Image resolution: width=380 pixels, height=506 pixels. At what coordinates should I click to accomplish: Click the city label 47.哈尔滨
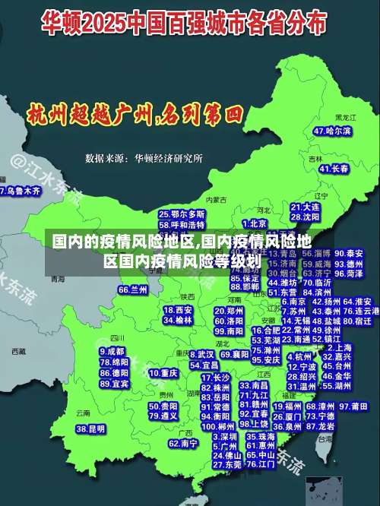click(333, 131)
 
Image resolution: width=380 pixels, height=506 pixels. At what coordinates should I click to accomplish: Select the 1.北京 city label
click(255, 223)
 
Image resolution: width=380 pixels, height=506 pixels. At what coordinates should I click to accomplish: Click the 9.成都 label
click(112, 352)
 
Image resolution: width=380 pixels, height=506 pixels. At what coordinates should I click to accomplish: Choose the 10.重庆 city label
click(163, 373)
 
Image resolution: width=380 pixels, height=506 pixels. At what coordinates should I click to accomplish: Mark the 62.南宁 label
click(183, 443)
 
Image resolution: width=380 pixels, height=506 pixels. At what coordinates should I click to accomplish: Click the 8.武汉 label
click(201, 354)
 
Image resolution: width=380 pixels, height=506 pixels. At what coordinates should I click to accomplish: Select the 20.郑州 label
click(229, 312)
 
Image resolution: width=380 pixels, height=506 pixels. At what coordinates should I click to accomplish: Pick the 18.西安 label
click(178, 310)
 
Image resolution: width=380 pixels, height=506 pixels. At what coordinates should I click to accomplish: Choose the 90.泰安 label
click(349, 253)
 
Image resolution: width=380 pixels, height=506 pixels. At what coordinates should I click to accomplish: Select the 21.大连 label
click(305, 206)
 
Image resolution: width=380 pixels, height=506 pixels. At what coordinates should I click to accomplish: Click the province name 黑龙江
click(345, 118)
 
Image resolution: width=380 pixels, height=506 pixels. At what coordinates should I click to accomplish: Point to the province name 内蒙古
click(217, 199)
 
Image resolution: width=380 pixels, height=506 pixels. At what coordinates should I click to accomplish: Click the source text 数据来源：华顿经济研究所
click(144, 158)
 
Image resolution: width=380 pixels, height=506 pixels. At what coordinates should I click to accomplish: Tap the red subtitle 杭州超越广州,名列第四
click(135, 115)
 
